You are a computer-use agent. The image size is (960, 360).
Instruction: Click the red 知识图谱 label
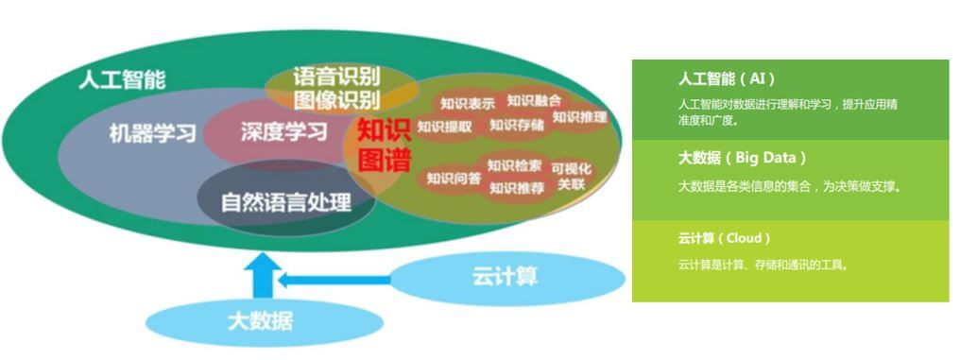[384, 146]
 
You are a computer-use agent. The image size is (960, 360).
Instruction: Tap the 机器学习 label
[152, 132]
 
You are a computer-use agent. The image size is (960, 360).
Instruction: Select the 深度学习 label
[283, 131]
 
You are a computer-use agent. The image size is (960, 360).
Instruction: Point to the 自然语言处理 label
[286, 202]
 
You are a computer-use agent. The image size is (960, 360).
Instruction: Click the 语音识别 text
[336, 77]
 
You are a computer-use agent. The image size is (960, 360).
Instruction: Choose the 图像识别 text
[336, 100]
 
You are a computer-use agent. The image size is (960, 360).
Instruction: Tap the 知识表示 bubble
[468, 104]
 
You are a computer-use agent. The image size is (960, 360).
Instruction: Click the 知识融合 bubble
[534, 100]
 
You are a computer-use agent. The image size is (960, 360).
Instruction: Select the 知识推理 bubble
[579, 117]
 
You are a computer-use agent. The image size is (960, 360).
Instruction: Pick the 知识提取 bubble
[444, 127]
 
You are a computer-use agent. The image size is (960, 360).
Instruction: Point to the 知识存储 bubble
[517, 126]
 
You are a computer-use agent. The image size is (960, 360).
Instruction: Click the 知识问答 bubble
[454, 179]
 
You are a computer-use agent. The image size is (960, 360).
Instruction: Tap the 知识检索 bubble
[514, 165]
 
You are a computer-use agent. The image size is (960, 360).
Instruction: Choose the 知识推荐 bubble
[517, 189]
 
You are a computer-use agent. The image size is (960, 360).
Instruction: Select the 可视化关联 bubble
[572, 176]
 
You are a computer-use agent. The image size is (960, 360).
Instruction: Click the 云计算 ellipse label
[506, 277]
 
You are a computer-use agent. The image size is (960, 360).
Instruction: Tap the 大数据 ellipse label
[261, 321]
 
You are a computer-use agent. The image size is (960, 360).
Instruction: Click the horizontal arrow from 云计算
[334, 281]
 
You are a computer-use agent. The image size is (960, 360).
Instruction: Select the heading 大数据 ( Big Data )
[742, 158]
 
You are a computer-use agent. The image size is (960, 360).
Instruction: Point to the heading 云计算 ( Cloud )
[724, 238]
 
